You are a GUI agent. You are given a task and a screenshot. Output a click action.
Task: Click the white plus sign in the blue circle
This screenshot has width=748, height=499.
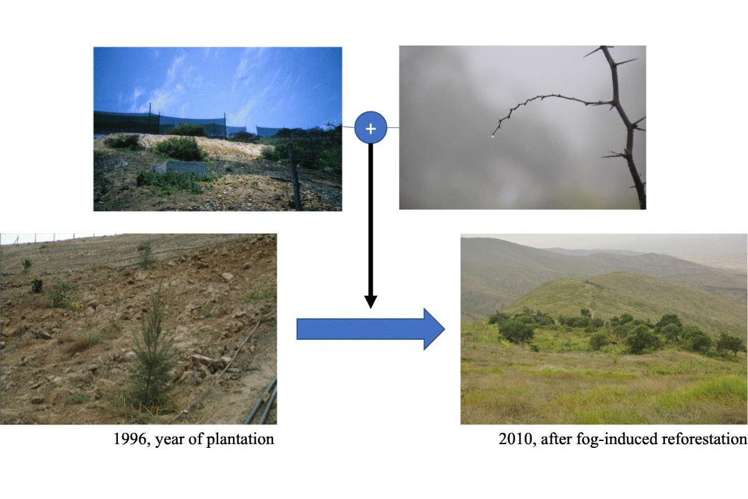[371, 128]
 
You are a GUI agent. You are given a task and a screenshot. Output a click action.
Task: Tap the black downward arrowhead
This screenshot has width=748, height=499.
[371, 302]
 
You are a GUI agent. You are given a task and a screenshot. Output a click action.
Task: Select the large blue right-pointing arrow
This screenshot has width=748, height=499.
[371, 329]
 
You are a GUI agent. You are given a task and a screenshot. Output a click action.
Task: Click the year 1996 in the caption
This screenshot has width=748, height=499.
[130, 439]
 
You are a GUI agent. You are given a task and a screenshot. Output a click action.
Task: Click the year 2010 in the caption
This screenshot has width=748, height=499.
[515, 439]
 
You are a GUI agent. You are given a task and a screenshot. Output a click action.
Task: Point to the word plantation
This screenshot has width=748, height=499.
[240, 440]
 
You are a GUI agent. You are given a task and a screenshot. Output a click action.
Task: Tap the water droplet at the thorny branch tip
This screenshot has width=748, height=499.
[492, 136]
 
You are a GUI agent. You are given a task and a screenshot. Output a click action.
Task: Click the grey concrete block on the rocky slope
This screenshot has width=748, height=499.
[180, 167]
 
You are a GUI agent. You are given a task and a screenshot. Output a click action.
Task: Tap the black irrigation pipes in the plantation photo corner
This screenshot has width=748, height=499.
[262, 401]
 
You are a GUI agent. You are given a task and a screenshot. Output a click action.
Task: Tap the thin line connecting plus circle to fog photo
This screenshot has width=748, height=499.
[393, 127]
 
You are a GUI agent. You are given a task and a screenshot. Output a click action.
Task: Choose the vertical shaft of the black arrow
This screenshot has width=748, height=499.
[371, 220]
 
